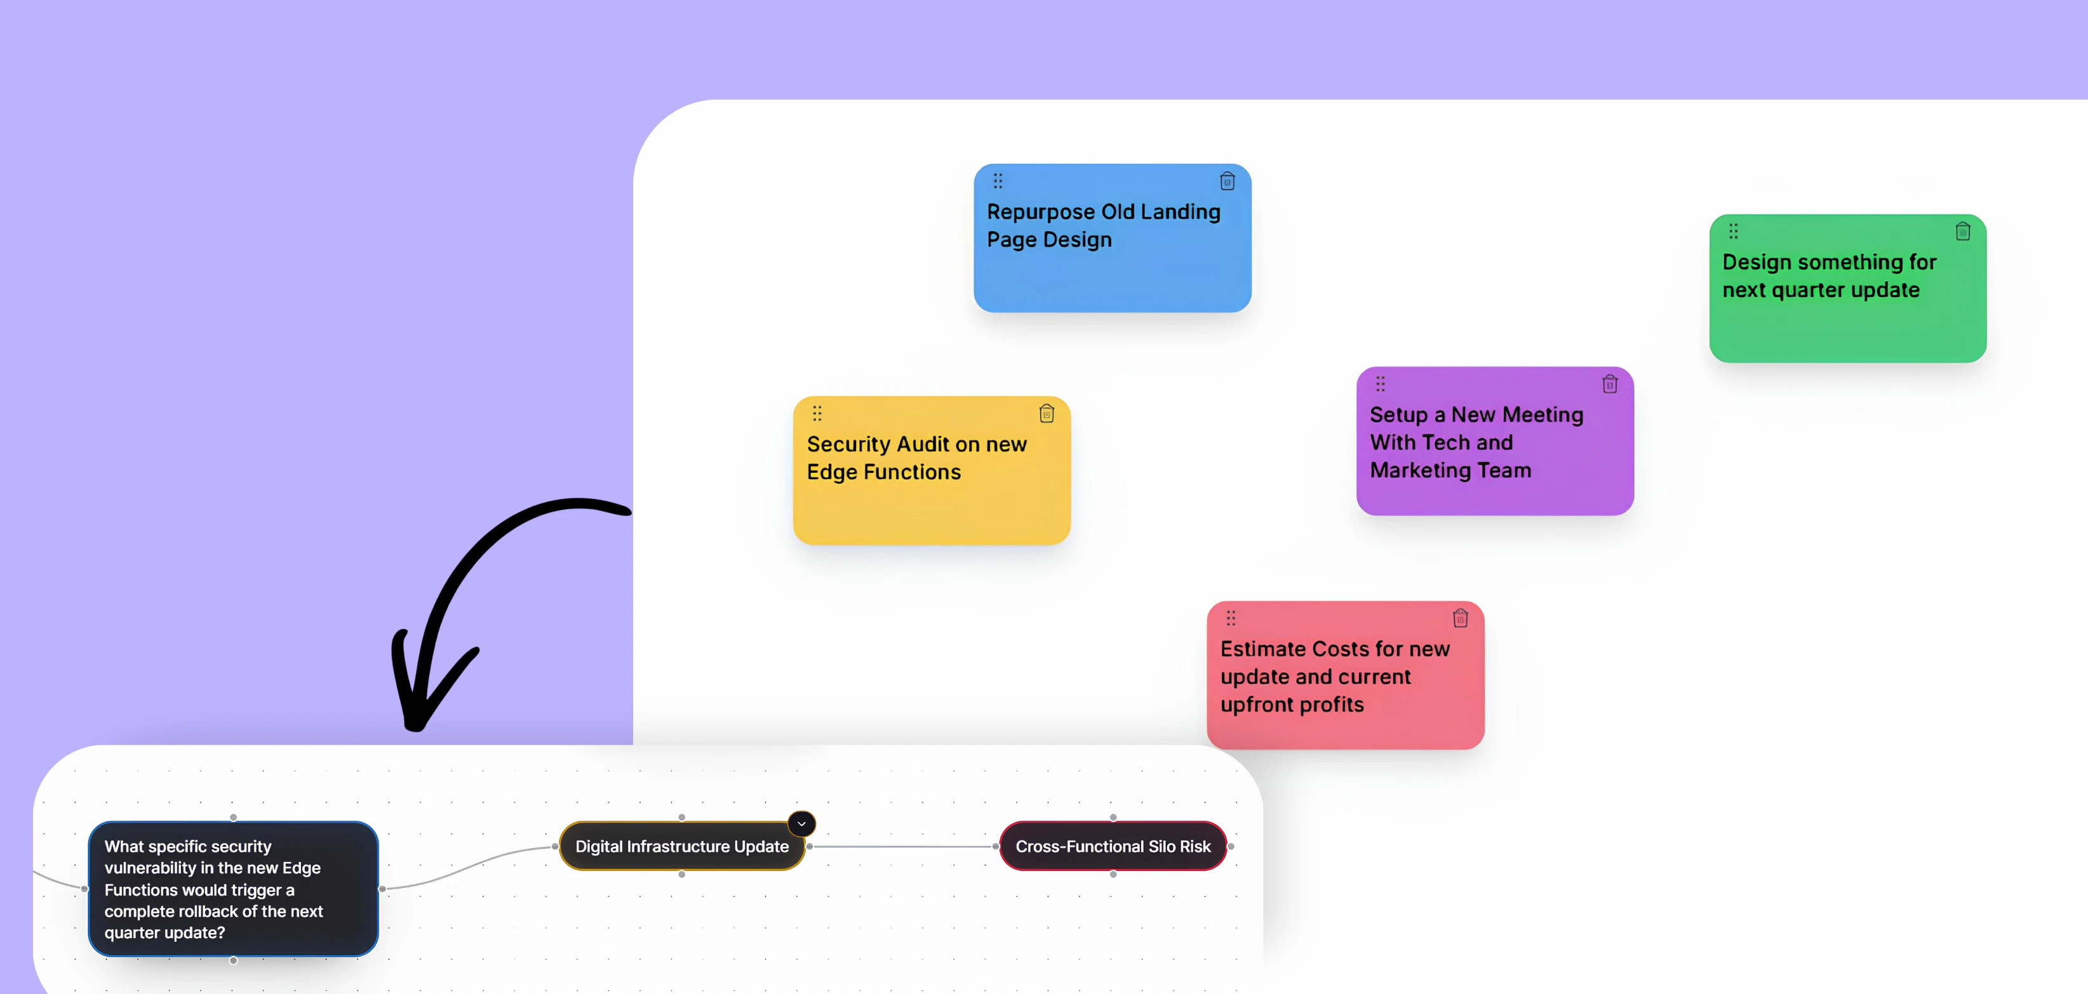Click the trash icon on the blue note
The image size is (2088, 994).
click(1227, 182)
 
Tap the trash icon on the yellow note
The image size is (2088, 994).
click(1047, 414)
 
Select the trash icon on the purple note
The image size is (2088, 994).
click(1610, 384)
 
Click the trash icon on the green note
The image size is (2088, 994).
click(1962, 232)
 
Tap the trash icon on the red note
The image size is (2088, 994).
click(1460, 618)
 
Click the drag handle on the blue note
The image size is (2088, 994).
click(998, 181)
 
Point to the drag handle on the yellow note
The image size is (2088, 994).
click(817, 413)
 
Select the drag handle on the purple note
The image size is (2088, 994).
click(1381, 383)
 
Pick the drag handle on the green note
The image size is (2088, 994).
click(1733, 231)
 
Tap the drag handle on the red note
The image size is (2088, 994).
click(1231, 618)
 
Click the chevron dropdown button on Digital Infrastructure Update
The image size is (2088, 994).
click(801, 824)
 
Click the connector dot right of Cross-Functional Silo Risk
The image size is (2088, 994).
click(1231, 847)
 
